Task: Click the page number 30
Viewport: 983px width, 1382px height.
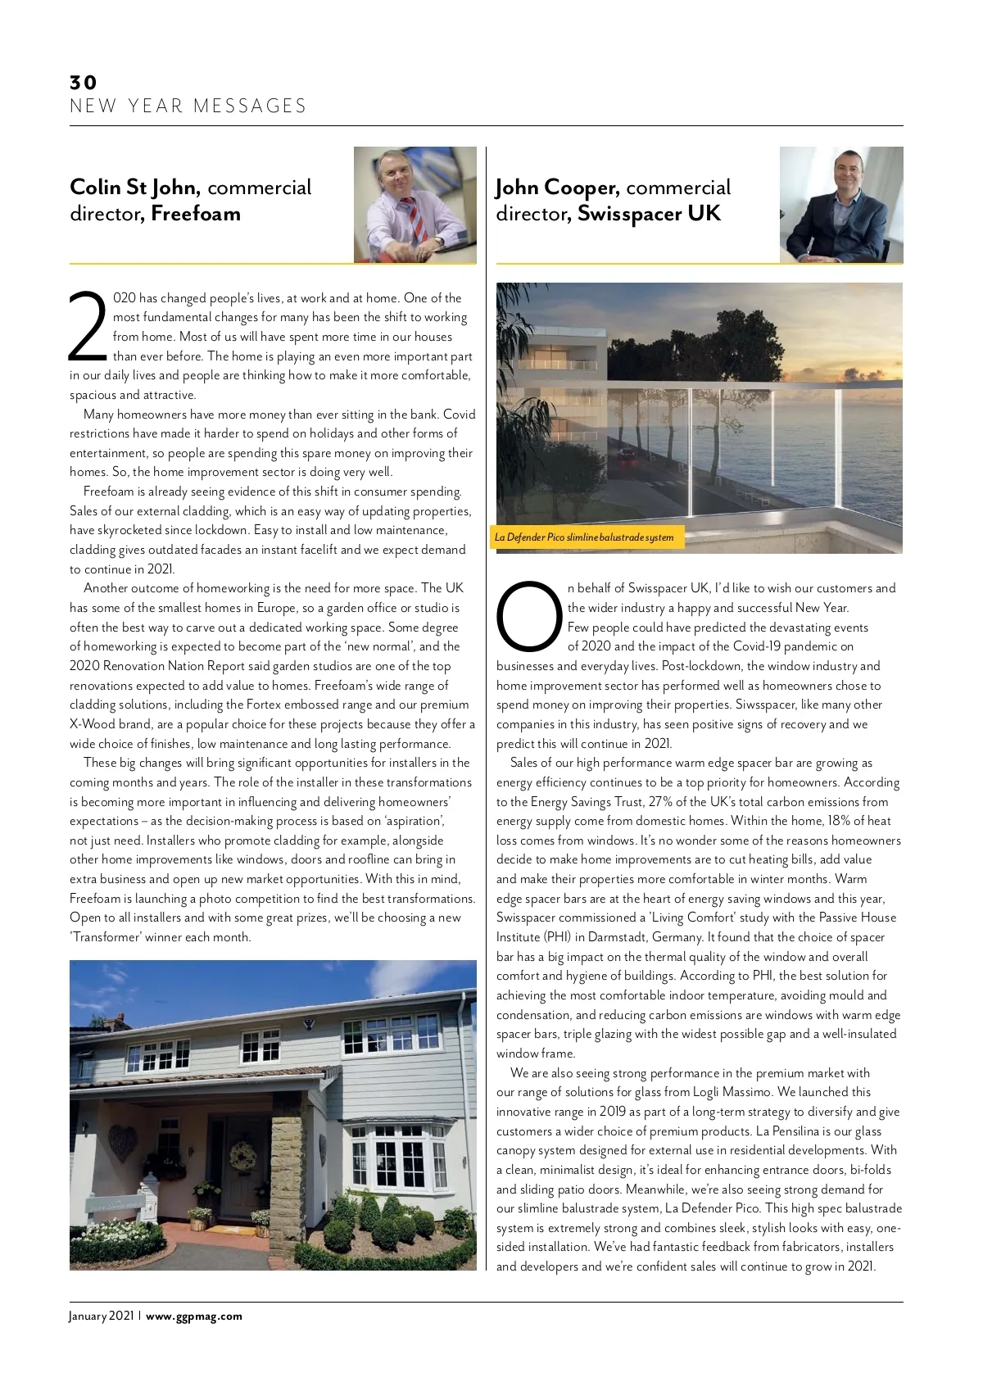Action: (84, 82)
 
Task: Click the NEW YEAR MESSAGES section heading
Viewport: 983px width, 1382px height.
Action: (188, 106)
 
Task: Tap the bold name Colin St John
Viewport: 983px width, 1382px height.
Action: (134, 188)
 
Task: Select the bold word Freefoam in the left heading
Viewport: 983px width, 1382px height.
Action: (196, 214)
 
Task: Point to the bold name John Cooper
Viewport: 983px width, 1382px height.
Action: (556, 188)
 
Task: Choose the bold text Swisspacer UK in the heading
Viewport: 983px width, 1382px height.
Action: (649, 214)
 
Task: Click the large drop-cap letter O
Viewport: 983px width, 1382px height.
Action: (529, 616)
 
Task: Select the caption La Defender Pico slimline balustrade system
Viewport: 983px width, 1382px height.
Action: (584, 537)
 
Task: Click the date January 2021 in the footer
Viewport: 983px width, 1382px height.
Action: (102, 1316)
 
